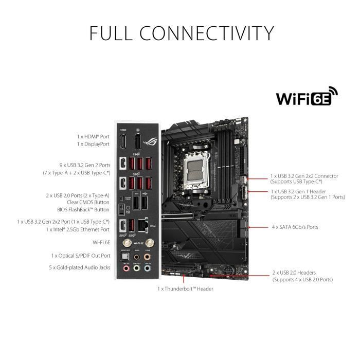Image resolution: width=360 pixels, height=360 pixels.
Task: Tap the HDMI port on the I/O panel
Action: (123, 145)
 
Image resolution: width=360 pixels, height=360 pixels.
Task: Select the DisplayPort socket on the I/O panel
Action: (138, 145)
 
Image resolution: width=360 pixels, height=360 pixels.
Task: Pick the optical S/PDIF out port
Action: (123, 257)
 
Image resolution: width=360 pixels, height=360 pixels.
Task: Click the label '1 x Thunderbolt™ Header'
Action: (185, 289)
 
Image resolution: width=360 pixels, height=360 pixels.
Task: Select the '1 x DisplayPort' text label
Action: (93, 145)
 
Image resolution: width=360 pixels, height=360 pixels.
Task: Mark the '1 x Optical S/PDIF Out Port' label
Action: (81, 256)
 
